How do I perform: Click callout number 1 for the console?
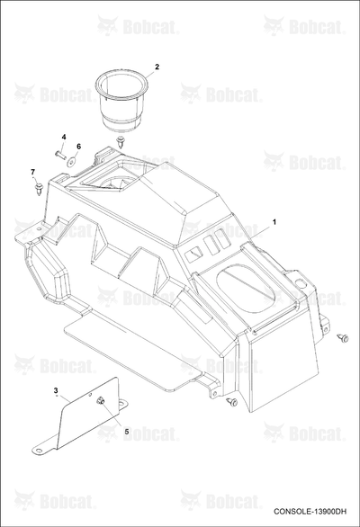(x=274, y=222)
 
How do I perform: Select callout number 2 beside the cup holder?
(x=157, y=67)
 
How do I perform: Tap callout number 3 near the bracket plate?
(x=56, y=390)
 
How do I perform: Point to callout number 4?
(x=64, y=137)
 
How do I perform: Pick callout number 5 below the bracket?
(x=127, y=431)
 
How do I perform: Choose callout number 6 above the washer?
(x=78, y=147)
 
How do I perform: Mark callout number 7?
(x=32, y=172)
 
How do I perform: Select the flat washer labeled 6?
(x=71, y=161)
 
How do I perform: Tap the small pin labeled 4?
(x=59, y=154)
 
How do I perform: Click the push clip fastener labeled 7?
(x=40, y=188)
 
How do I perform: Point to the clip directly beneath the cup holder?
(x=120, y=141)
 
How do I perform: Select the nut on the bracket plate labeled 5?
(x=100, y=400)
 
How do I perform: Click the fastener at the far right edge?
(x=344, y=338)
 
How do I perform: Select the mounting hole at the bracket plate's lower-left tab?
(x=40, y=451)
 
